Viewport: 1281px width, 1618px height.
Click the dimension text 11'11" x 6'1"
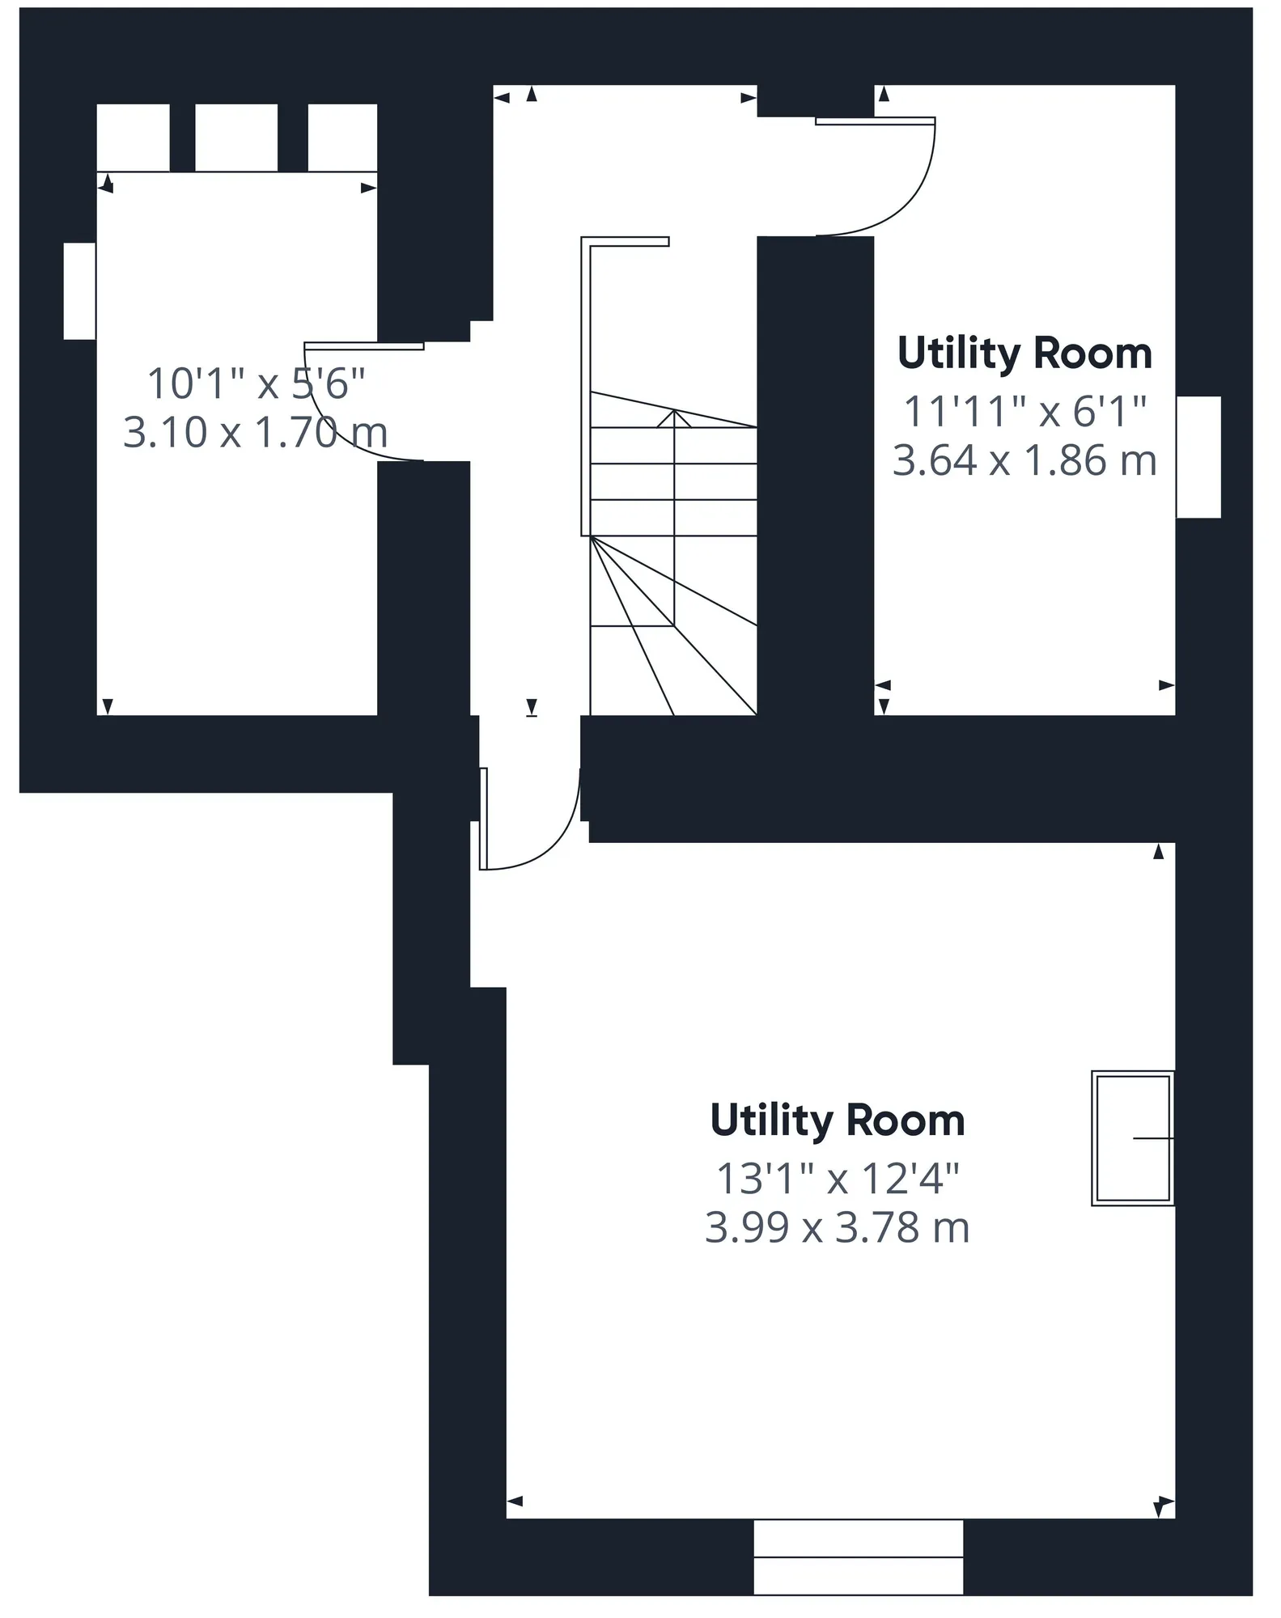[1024, 412]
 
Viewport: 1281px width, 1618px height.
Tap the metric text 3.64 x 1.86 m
[1024, 460]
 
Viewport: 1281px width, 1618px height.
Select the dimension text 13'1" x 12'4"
[838, 1179]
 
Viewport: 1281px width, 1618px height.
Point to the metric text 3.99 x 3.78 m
[838, 1227]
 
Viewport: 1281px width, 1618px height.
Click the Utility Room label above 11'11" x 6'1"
[1024, 354]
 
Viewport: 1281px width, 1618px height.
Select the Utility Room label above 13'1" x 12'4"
[838, 1120]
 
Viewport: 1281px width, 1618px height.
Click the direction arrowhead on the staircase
[674, 418]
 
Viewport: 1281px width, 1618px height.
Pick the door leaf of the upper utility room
[875, 121]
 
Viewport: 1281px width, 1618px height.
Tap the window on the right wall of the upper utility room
[1198, 457]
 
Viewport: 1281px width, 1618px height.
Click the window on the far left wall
[79, 291]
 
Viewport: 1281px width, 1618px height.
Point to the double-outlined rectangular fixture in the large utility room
[1133, 1138]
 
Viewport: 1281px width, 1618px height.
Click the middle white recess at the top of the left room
[236, 138]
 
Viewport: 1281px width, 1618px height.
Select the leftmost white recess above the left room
[134, 138]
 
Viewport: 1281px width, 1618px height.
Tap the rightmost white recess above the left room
[342, 138]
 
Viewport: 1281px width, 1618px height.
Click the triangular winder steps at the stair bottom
[673, 625]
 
